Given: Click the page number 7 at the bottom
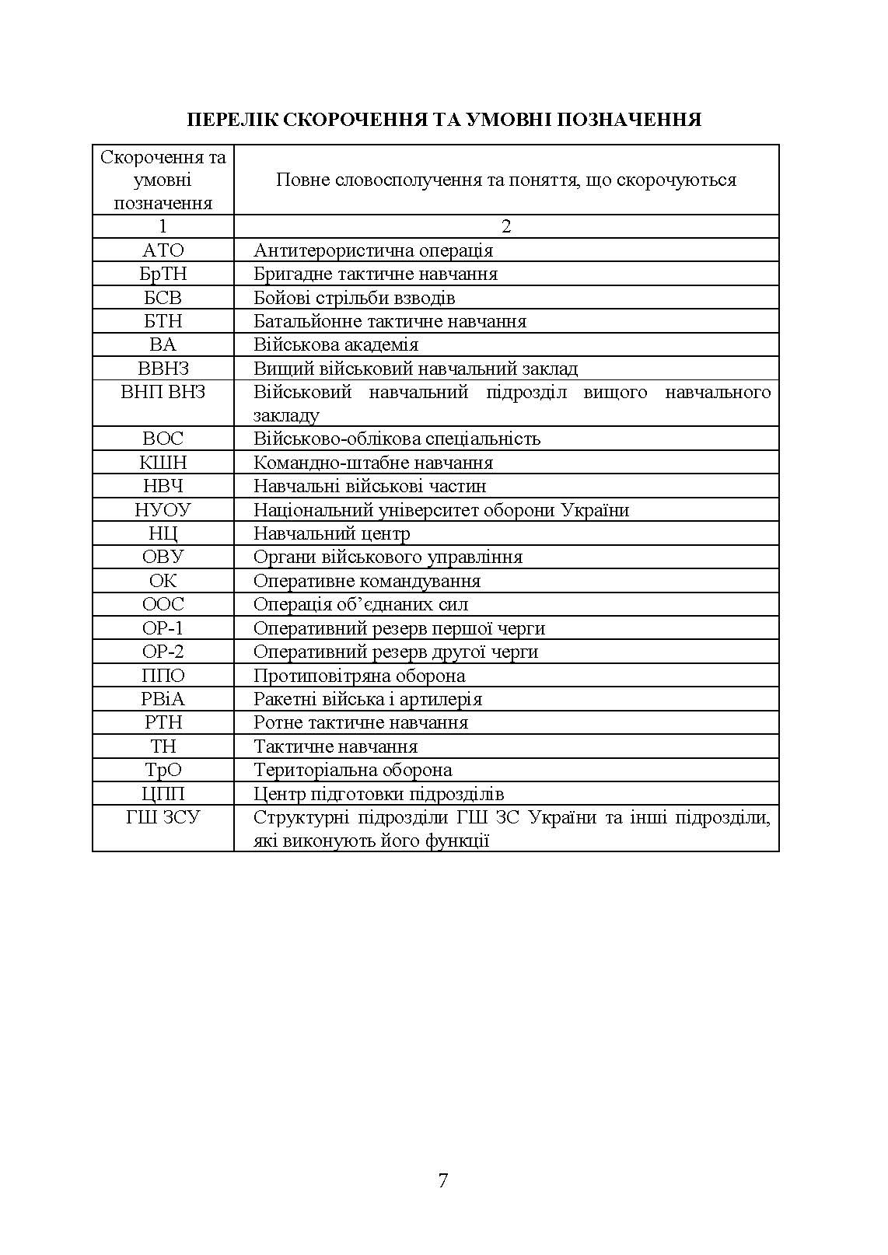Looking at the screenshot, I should point(443,1180).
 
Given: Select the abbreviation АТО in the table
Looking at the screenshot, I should point(163,250).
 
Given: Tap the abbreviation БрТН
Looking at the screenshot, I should point(163,274).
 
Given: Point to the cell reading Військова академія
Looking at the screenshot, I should point(336,344).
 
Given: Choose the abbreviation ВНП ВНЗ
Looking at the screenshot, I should point(163,392).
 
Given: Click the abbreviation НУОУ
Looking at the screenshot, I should point(163,510).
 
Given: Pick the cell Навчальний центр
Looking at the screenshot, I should point(331,533).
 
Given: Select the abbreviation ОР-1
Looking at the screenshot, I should point(163,628).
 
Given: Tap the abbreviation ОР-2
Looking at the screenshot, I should point(163,652).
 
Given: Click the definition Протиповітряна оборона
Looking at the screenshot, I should point(359,676).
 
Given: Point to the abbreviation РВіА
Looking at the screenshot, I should point(163,699).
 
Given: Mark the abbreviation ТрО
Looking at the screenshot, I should point(163,770).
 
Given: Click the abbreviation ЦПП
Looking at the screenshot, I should point(163,794).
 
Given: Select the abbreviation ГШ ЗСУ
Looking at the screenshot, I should point(163,818).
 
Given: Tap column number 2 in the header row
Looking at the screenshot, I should point(506,226).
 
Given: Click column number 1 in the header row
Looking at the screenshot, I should point(163,226).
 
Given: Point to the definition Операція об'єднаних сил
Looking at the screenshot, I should point(361,604).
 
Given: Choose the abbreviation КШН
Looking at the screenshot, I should point(163,463).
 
